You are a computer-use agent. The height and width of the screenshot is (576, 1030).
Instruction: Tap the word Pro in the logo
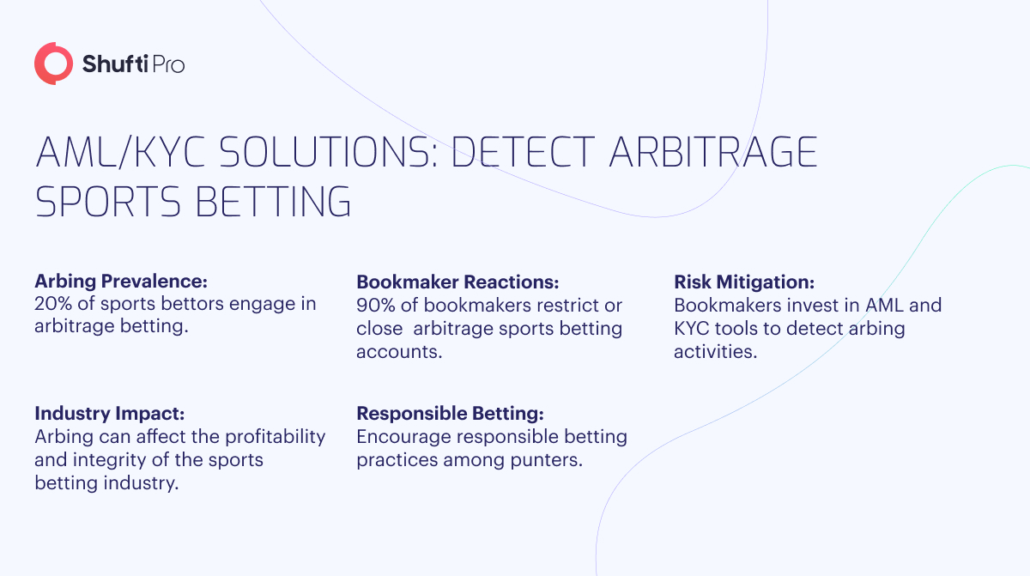tap(168, 65)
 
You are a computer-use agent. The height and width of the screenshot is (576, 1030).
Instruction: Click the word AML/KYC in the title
tap(120, 152)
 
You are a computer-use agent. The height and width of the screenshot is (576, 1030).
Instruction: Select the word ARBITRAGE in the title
tap(713, 152)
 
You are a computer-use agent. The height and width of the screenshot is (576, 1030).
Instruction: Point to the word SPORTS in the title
tap(108, 202)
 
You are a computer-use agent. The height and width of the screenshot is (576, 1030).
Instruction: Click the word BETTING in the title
tap(274, 202)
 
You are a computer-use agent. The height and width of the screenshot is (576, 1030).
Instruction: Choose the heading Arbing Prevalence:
tap(121, 282)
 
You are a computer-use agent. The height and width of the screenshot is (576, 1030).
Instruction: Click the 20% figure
tap(53, 303)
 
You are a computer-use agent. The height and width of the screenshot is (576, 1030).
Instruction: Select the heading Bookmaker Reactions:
tap(457, 282)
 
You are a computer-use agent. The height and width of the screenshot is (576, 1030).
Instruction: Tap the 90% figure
tap(376, 306)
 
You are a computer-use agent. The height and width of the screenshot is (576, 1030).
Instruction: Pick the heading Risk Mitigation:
tap(744, 282)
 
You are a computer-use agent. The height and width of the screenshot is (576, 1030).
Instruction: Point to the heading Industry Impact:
tap(110, 413)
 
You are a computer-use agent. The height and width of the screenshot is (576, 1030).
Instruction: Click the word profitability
tap(275, 437)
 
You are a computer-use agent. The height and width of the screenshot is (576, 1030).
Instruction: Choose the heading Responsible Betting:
tap(450, 413)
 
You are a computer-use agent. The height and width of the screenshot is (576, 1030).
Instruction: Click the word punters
tap(547, 460)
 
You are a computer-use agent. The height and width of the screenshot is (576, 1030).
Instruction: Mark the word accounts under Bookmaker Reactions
tap(399, 352)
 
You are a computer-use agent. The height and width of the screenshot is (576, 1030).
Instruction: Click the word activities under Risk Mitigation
tap(716, 352)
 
